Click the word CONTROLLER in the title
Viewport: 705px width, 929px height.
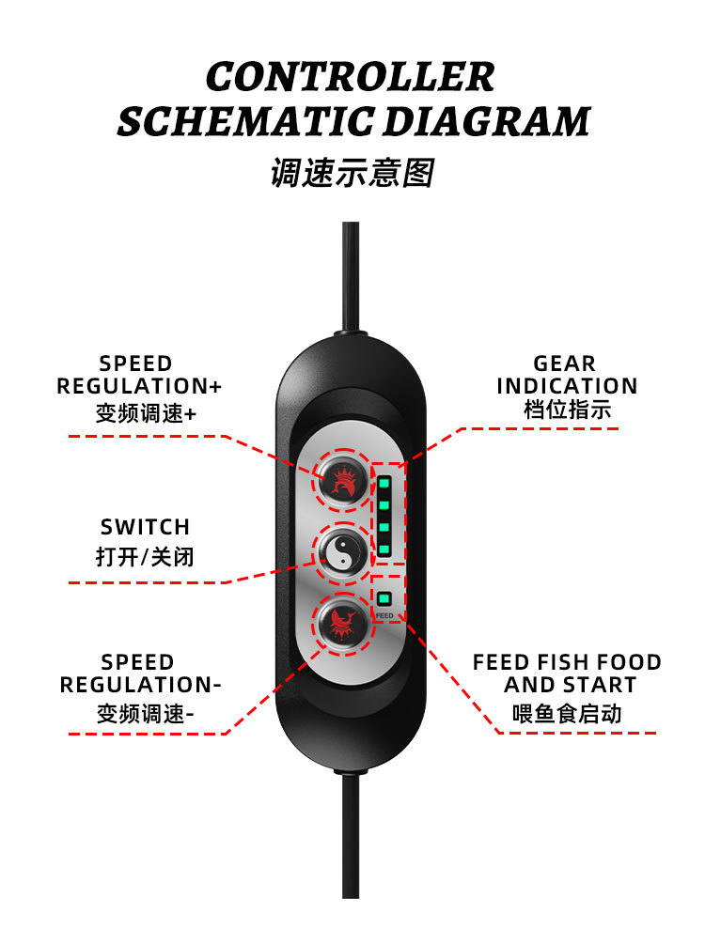coord(350,76)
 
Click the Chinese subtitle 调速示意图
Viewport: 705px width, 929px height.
coord(352,173)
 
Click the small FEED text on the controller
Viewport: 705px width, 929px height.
coord(384,616)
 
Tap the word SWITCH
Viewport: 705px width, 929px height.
coord(145,527)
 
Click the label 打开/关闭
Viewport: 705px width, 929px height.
coord(145,556)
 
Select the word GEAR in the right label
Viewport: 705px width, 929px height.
coord(564,364)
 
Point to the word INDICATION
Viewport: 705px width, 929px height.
coord(567,386)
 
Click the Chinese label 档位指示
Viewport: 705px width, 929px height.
coord(567,410)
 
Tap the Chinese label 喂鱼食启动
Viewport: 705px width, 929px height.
coord(567,714)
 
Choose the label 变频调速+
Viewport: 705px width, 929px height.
coord(146,413)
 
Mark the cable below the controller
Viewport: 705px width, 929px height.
coord(350,845)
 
